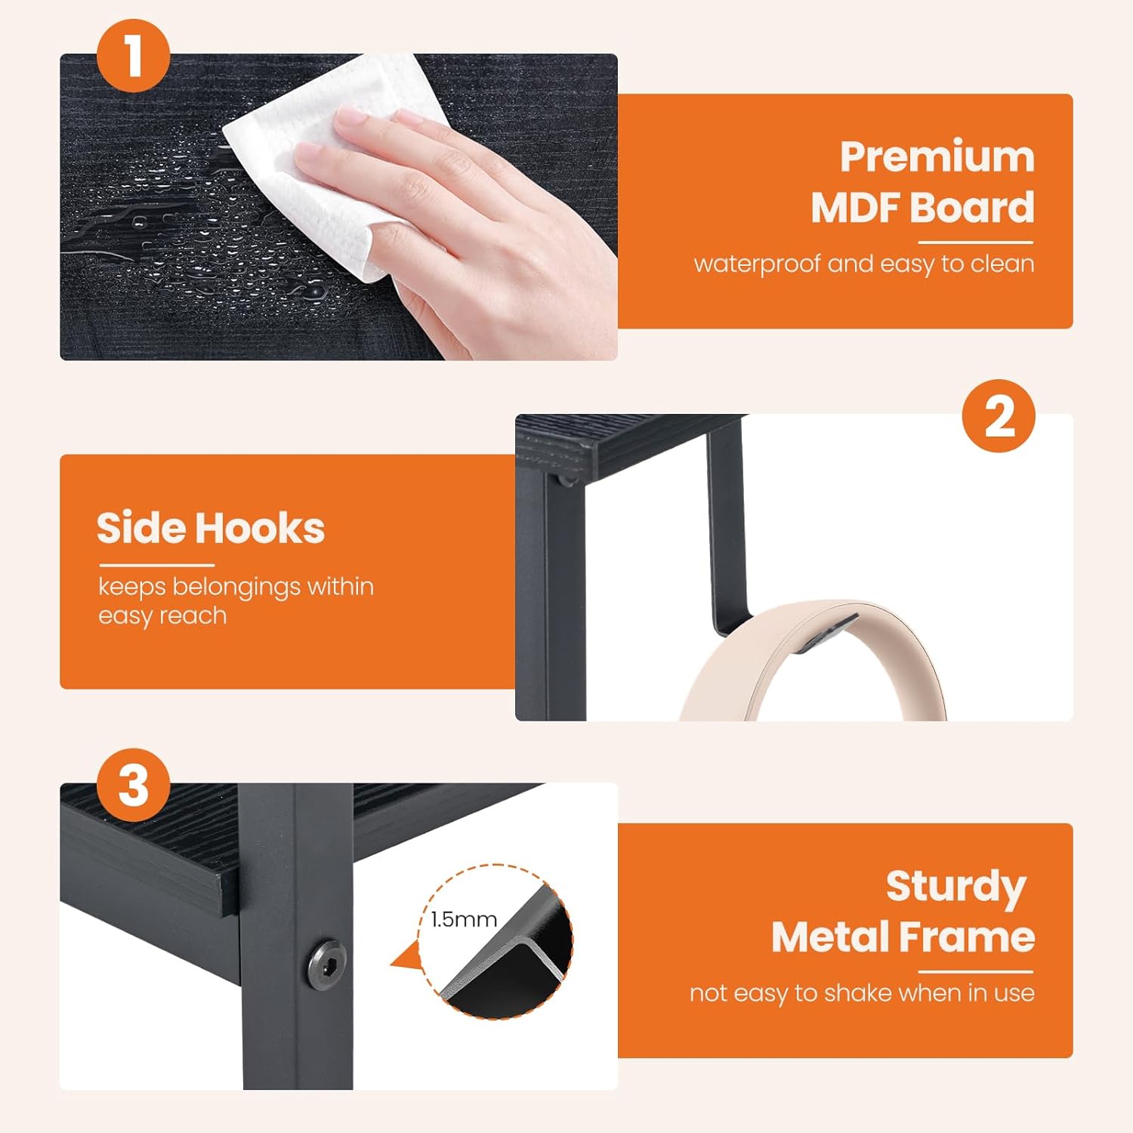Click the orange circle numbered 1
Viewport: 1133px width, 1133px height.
click(x=133, y=56)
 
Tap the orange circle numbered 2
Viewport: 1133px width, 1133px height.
click(x=999, y=416)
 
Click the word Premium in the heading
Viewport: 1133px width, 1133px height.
click(x=937, y=157)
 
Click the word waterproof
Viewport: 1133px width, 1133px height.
click(x=757, y=264)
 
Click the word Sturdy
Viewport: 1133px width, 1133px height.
click(x=956, y=888)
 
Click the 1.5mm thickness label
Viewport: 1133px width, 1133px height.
click(x=464, y=919)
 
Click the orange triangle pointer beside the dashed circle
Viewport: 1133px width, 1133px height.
click(x=406, y=955)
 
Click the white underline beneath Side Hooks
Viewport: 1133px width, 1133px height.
click(x=157, y=565)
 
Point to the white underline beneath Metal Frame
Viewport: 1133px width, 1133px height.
click(x=975, y=972)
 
